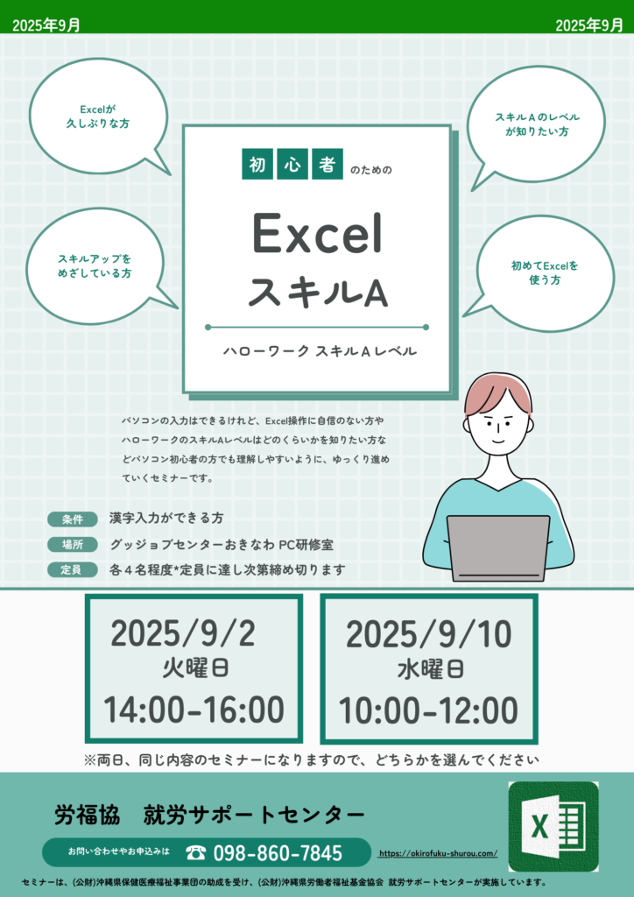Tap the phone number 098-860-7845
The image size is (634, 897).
click(x=278, y=853)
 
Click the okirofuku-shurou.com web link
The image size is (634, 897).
click(x=438, y=853)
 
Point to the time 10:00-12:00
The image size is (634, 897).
click(x=429, y=711)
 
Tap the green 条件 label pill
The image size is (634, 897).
click(x=73, y=519)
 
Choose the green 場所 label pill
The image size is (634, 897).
click(x=73, y=545)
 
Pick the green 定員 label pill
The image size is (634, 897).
click(x=73, y=569)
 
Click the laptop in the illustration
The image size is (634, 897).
click(x=498, y=548)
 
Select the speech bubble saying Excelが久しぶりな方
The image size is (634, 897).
click(x=100, y=117)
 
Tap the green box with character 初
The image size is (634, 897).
click(x=257, y=164)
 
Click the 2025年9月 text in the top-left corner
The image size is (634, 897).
click(x=46, y=25)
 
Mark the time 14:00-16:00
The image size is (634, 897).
click(x=194, y=710)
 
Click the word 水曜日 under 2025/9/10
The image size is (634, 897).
click(x=431, y=669)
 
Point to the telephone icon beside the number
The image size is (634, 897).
click(x=196, y=853)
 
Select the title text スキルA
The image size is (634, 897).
click(x=318, y=293)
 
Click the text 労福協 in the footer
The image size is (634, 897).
click(x=88, y=815)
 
